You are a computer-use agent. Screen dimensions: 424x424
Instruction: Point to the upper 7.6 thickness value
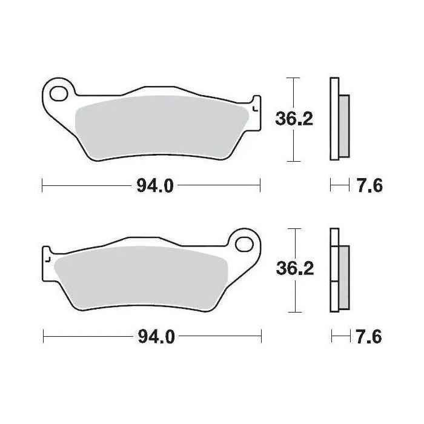pos(368,186)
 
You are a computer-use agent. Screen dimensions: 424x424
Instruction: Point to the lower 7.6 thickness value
pos(368,337)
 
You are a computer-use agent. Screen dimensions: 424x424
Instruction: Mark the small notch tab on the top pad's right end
pos(255,105)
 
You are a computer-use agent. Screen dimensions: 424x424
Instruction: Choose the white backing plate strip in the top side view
pos(334,119)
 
